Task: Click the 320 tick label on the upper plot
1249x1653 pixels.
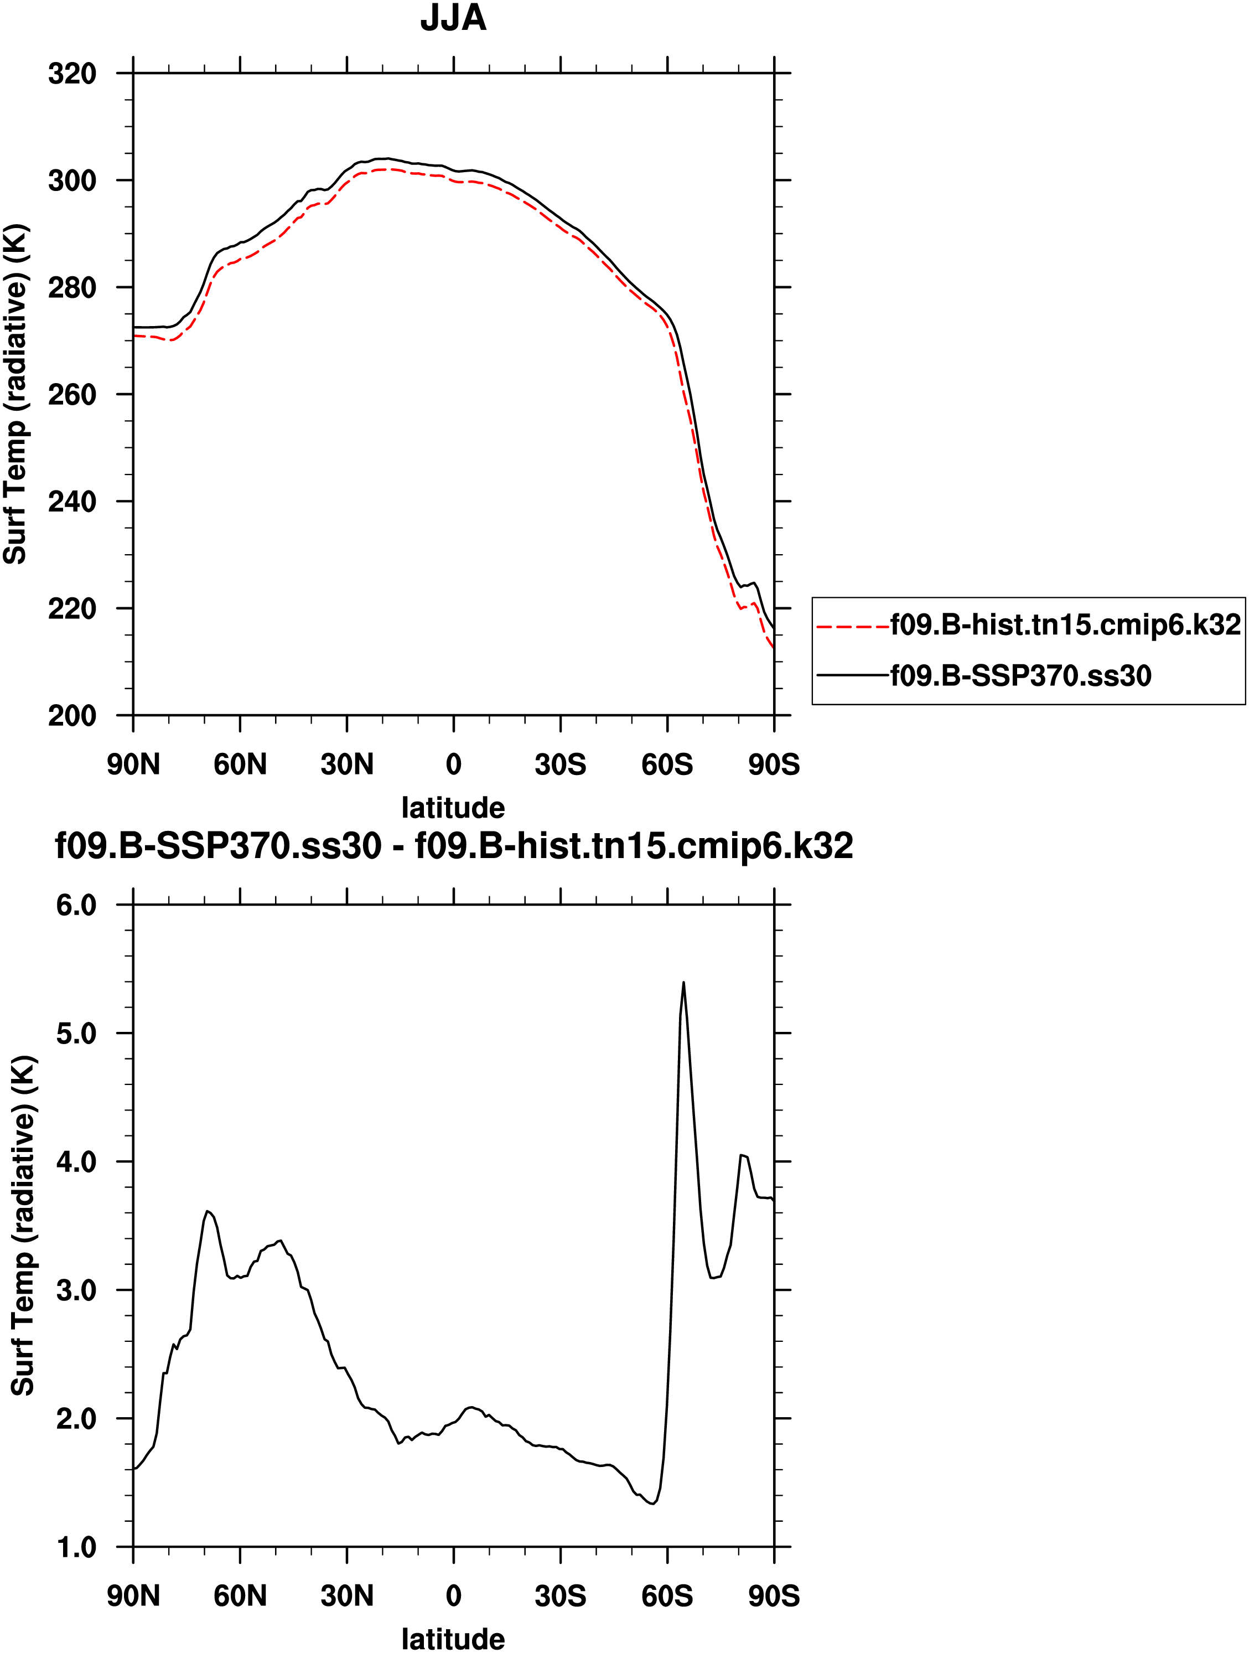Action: [72, 74]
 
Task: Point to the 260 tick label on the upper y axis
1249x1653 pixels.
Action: [72, 395]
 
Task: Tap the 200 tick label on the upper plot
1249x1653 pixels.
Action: [72, 716]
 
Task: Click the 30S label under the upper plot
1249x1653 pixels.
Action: [560, 764]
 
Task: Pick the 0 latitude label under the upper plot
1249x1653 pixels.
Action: [453, 764]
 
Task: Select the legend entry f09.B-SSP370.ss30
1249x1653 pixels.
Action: [1020, 675]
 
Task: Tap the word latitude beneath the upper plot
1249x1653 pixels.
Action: [453, 808]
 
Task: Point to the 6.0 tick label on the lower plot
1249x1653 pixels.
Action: [76, 906]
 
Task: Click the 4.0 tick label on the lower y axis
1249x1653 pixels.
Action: [76, 1162]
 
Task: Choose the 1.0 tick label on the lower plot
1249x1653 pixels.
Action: [76, 1547]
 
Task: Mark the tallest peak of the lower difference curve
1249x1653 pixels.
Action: [683, 983]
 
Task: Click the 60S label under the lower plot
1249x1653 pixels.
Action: [667, 1596]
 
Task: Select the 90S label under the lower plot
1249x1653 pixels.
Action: [774, 1596]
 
